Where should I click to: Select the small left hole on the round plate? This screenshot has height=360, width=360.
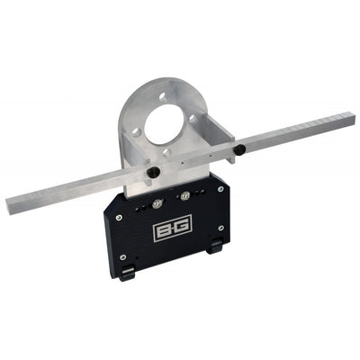click(137, 131)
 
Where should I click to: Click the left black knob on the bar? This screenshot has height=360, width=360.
click(155, 171)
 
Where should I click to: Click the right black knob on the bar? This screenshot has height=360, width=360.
click(240, 148)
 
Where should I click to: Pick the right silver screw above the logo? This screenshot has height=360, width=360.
click(185, 194)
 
